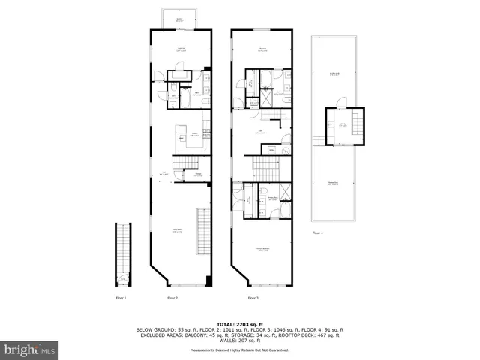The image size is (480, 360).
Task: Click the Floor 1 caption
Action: tap(120, 298)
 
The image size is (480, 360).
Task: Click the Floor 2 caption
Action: tap(172, 298)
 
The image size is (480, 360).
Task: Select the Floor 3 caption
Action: tap(253, 298)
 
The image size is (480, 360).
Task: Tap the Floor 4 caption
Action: tap(318, 233)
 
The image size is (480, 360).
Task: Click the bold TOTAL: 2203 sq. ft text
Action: tap(239, 323)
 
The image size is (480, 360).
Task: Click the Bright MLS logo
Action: tap(30, 349)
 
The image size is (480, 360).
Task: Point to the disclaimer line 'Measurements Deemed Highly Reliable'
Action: tap(239, 350)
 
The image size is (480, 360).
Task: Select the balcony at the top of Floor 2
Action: tap(180, 20)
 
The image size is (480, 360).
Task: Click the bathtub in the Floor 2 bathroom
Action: tap(180, 75)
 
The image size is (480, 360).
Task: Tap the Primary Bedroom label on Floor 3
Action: tap(263, 250)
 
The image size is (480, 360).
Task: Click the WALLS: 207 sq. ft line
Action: tap(239, 341)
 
